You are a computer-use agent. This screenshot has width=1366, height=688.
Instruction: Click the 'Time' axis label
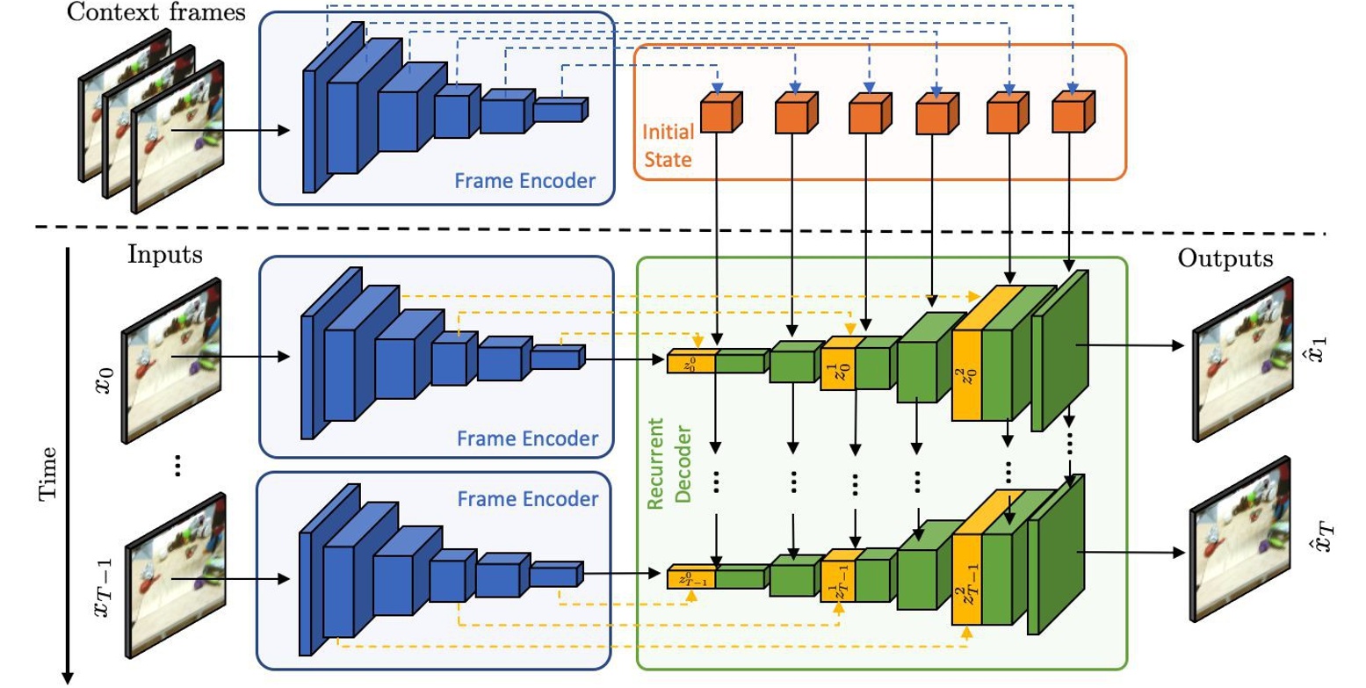(50, 474)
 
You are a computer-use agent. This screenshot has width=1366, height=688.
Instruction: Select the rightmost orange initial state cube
(1071, 114)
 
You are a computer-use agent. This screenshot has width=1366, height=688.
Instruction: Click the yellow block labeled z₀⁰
(692, 361)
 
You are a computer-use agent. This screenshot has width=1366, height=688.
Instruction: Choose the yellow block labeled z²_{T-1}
(967, 580)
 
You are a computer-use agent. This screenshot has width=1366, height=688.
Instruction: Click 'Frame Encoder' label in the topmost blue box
(525, 182)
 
